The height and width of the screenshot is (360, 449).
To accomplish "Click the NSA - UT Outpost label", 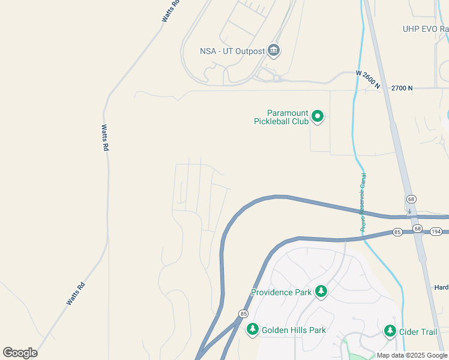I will [x=232, y=51].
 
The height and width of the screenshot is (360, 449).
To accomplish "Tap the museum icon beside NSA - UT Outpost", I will [x=274, y=50].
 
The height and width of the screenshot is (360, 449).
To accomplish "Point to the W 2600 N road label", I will [x=368, y=80].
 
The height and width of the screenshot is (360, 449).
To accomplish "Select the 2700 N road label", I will [x=402, y=88].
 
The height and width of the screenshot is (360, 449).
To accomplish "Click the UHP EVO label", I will [x=425, y=29].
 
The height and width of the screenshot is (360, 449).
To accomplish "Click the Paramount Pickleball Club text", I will [x=288, y=117].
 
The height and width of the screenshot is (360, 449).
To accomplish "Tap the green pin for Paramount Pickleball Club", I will [x=318, y=116].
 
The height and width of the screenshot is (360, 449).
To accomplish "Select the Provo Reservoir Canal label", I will [x=363, y=202].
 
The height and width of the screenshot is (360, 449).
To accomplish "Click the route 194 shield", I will [x=436, y=231].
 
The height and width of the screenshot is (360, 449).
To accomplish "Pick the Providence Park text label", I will [x=281, y=293].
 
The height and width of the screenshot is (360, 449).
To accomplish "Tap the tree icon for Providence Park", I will [x=321, y=292].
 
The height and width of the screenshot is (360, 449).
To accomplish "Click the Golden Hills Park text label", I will [x=294, y=330].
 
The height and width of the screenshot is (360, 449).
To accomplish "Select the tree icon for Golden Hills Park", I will [x=253, y=329].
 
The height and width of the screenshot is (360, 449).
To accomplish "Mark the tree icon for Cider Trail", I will [x=390, y=331].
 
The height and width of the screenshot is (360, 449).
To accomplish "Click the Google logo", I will [x=20, y=353].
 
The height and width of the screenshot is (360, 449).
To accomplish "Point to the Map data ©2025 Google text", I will [x=412, y=356].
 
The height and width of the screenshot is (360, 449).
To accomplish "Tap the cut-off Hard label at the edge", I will [x=441, y=287].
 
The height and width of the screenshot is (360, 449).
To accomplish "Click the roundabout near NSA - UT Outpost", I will [x=276, y=78].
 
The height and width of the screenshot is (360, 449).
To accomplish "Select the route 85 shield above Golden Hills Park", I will [x=243, y=314].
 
